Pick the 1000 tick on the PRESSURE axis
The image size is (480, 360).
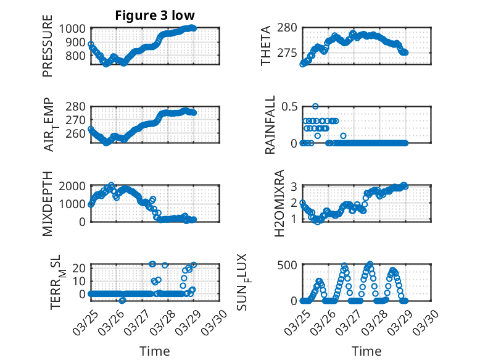(75, 28)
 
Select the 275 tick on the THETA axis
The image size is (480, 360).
(289, 53)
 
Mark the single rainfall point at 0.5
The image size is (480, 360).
(315, 106)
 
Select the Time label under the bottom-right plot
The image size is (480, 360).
(366, 351)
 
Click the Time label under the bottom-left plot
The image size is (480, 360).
(155, 351)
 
